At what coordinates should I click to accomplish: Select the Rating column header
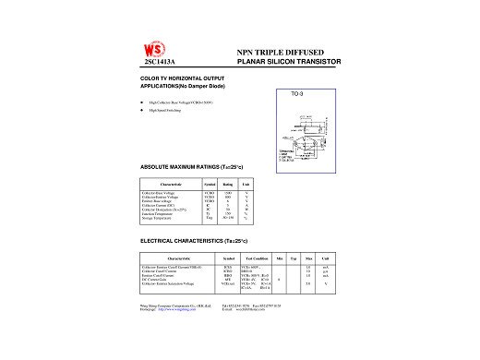[x=227, y=185]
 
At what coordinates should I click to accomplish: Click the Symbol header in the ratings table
[x=210, y=185]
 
